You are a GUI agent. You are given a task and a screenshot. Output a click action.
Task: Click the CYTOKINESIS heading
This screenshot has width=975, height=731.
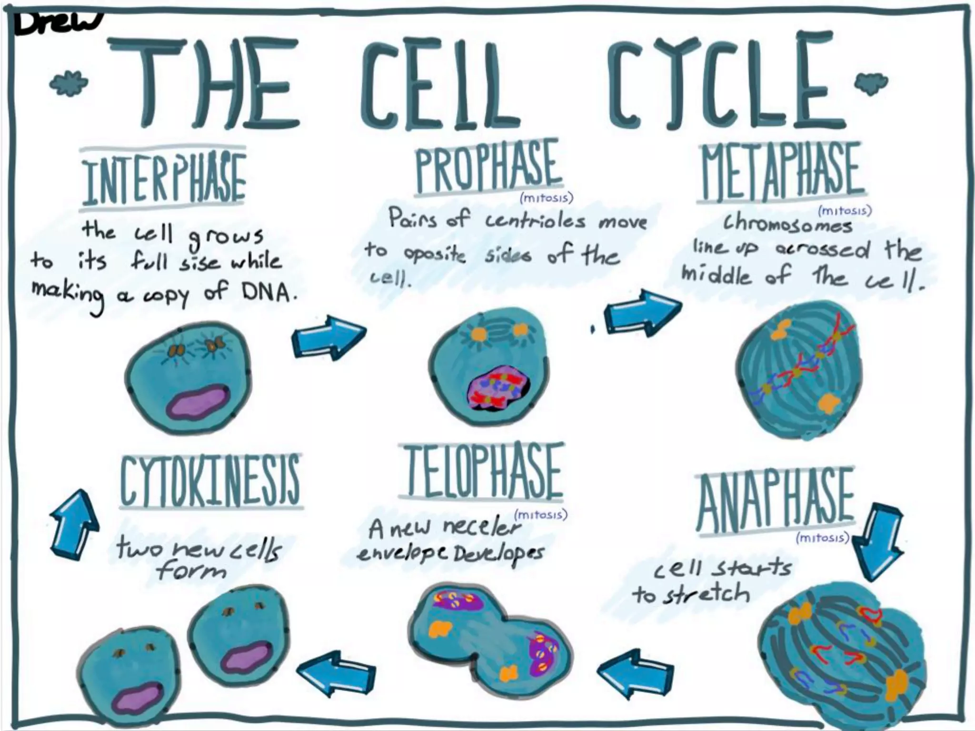tap(210, 481)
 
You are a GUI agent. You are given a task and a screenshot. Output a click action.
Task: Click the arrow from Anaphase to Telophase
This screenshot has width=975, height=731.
tap(635, 673)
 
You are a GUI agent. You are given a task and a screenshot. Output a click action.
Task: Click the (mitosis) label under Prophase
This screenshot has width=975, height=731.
tap(546, 198)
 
